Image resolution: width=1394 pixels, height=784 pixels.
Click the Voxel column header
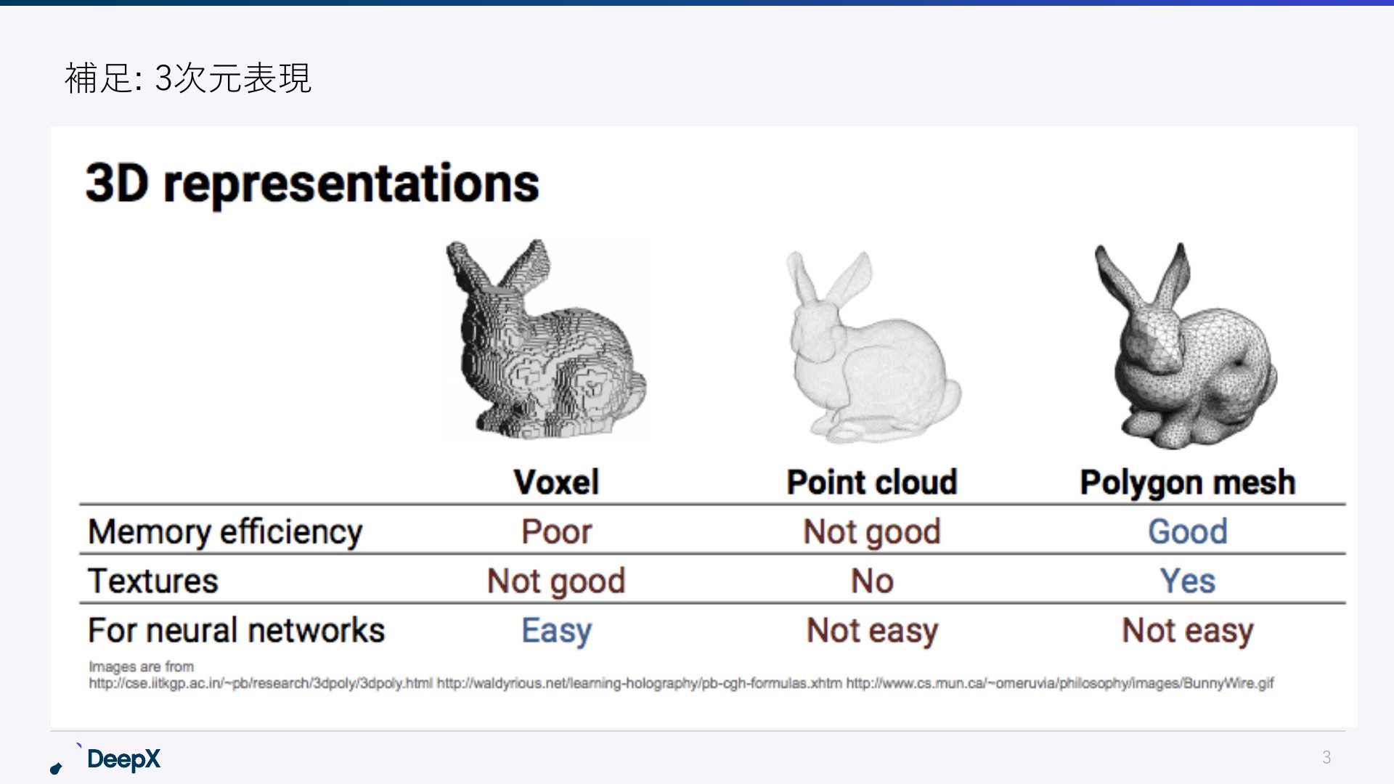click(556, 482)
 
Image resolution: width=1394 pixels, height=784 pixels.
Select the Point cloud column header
click(872, 482)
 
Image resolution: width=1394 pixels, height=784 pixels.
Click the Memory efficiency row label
click(225, 532)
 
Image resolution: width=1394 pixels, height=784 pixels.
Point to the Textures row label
click(153, 581)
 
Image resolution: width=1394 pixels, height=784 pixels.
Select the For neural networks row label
click(237, 630)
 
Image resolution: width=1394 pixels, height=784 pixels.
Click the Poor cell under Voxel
click(557, 532)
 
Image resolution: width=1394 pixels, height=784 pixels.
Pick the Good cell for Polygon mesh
click(1188, 532)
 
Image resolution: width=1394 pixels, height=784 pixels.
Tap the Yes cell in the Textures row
click(1188, 581)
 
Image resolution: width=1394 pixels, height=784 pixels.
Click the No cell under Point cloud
click(872, 581)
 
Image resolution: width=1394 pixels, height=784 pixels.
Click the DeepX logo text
click(123, 759)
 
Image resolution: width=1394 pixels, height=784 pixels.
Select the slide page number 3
click(1326, 757)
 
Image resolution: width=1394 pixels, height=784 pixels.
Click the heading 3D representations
click(312, 184)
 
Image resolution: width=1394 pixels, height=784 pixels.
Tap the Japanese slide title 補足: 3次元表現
click(188, 78)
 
